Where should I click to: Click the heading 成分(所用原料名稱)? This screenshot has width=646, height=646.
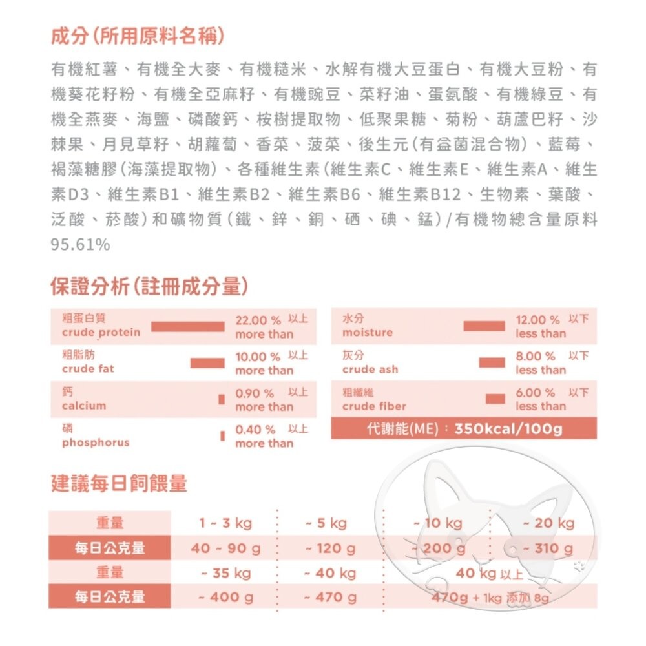[x=138, y=36]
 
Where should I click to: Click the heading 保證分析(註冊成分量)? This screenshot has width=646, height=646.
[x=150, y=286]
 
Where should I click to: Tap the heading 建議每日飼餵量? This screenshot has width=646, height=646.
[x=119, y=483]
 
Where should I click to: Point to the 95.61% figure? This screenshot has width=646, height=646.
[x=80, y=245]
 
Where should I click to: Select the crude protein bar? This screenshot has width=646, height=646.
[x=187, y=326]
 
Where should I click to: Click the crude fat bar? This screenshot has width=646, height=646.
[x=207, y=363]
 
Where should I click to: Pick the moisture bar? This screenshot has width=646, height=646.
[x=484, y=326]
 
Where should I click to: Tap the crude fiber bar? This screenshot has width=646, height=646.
[x=495, y=399]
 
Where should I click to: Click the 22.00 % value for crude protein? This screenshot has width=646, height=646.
[x=258, y=320]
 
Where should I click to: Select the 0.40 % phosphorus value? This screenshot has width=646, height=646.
[x=255, y=430]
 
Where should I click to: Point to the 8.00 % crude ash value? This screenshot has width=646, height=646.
[x=536, y=357]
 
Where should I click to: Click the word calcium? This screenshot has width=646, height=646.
[x=84, y=406]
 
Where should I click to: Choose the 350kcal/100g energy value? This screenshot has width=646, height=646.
[x=508, y=429]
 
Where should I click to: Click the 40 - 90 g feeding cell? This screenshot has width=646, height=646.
[x=225, y=548]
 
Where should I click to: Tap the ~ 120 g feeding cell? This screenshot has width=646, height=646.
[x=330, y=548]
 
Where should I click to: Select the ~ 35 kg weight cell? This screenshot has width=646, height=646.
[x=225, y=573]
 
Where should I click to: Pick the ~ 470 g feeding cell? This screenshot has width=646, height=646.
[x=330, y=598]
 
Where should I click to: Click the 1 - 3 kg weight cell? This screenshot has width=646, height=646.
[x=225, y=523]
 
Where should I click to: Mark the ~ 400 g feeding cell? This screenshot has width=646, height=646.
[x=225, y=598]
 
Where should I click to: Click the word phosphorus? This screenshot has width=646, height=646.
[x=96, y=443]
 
